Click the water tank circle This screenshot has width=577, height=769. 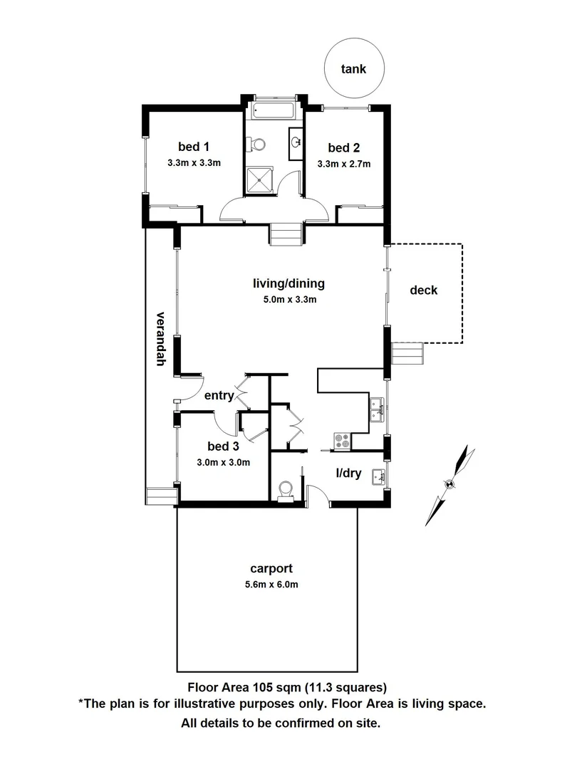(x=353, y=69)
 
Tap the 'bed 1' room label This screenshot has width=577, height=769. (x=193, y=147)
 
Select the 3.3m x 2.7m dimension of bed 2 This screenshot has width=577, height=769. (x=343, y=163)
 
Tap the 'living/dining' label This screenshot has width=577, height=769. (x=288, y=283)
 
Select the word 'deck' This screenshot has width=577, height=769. (x=423, y=290)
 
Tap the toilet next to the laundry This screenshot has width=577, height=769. (x=286, y=489)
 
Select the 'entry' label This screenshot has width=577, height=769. (x=219, y=396)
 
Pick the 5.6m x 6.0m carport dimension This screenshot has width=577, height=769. (x=271, y=585)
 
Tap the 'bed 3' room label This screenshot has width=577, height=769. (x=222, y=446)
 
